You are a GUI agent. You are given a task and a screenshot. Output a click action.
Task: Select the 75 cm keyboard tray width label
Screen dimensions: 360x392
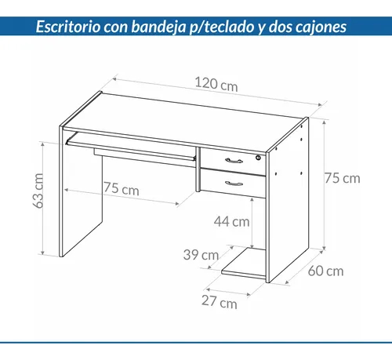(120, 189)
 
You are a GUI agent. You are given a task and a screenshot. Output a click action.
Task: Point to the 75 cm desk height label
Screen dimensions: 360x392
(342, 178)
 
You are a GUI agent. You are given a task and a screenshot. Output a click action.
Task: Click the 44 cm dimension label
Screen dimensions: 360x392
(232, 221)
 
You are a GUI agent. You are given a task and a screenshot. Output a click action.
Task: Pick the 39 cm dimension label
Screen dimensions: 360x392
(200, 255)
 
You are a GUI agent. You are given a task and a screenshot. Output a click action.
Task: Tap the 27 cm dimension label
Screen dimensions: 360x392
(220, 302)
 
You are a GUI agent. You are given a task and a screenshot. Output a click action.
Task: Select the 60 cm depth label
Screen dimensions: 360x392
(325, 272)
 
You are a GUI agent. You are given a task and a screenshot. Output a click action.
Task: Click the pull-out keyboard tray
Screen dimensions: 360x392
(129, 147)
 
